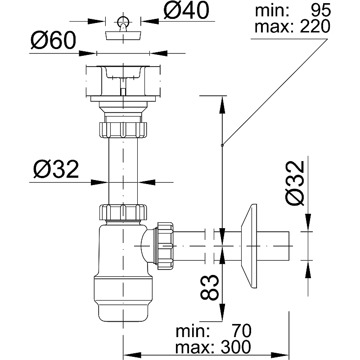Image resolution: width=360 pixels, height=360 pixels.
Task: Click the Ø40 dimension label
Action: tap(186, 11)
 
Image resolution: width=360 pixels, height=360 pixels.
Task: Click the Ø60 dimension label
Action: tap(52, 42)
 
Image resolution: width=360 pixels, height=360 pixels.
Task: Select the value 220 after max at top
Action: tap(314, 27)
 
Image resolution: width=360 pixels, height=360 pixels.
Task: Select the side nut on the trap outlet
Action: tap(164, 245)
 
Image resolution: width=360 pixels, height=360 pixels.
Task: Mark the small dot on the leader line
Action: tap(222, 145)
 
